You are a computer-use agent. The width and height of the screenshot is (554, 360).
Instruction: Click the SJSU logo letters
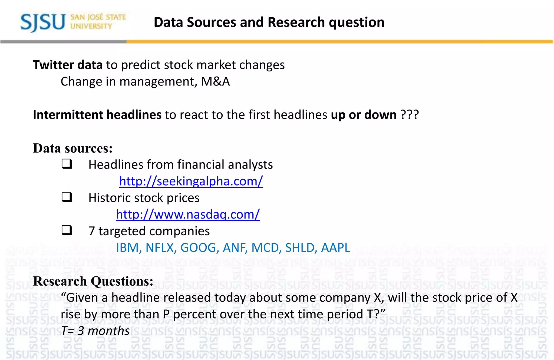[43, 22]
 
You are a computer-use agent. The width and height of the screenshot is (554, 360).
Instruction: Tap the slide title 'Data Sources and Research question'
[269, 22]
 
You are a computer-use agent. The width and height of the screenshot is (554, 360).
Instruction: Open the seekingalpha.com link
[191, 181]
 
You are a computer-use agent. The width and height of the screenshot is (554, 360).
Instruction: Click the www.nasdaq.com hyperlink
[188, 214]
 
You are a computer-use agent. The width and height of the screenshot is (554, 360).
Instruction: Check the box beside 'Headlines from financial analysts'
[67, 164]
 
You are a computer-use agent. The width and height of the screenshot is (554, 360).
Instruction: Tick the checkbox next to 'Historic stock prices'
[67, 197]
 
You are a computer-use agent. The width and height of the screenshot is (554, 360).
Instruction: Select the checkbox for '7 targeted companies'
[67, 230]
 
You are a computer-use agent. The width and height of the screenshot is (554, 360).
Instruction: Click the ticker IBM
[127, 248]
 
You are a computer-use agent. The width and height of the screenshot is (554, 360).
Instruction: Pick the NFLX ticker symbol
[161, 248]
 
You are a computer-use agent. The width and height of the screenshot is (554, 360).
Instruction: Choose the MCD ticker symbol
[266, 248]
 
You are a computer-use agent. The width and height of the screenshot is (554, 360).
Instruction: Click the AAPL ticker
[335, 248]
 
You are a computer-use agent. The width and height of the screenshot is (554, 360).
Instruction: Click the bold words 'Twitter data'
[68, 65]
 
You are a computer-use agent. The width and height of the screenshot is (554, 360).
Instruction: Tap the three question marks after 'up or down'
[410, 115]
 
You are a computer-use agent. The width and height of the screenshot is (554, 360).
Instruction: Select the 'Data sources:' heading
[72, 148]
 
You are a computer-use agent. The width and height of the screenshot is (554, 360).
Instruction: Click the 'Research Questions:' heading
[93, 281]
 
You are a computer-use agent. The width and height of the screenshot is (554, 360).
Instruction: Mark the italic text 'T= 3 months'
[95, 331]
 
